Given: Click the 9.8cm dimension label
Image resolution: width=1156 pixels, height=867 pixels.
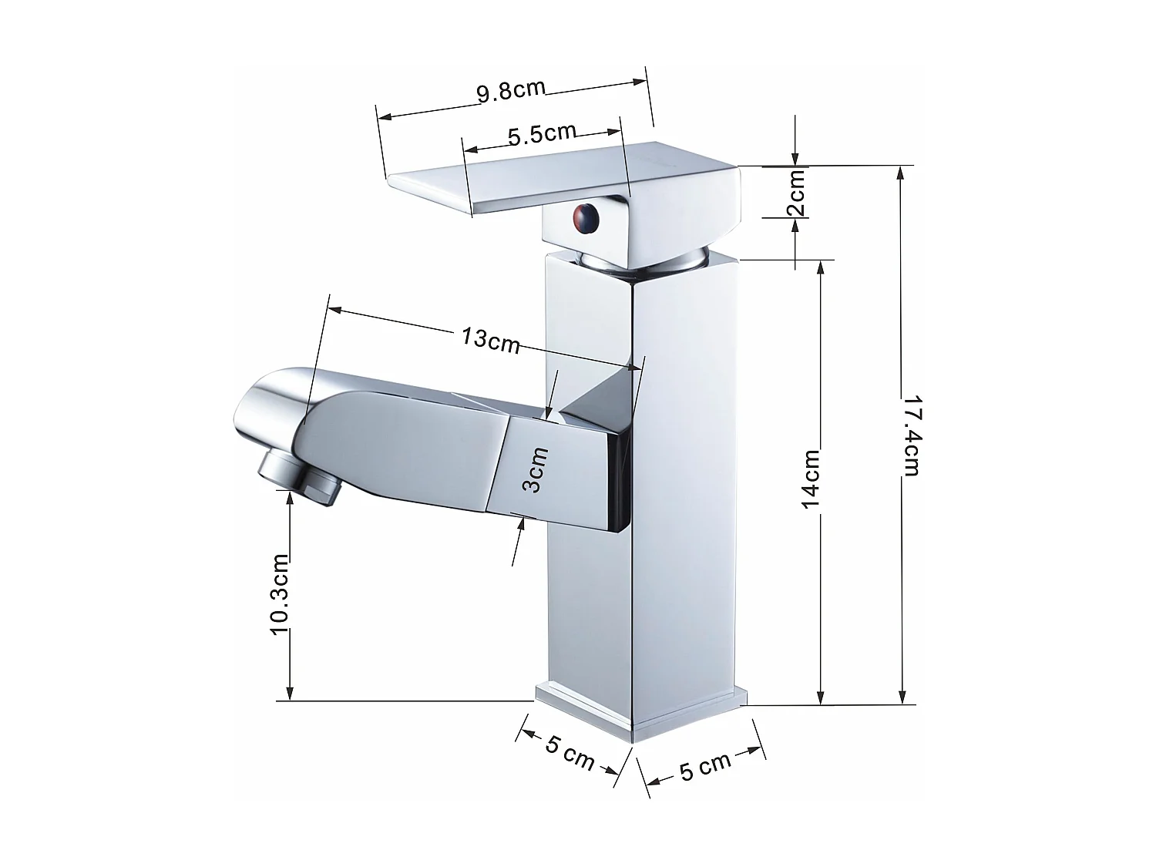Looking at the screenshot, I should [511, 91].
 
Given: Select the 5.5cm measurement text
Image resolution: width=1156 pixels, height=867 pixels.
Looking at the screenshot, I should [542, 134].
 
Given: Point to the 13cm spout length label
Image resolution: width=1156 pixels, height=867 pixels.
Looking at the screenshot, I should [491, 338].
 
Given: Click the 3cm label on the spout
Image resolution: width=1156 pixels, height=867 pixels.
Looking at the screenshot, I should [535, 470].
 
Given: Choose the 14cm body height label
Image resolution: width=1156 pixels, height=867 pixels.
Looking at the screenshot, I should [812, 479].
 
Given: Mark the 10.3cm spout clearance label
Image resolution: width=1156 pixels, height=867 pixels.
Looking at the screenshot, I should [280, 593].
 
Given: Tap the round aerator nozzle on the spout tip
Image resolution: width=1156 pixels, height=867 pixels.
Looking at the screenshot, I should [301, 478].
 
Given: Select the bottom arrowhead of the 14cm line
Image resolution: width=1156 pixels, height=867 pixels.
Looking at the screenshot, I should [822, 697].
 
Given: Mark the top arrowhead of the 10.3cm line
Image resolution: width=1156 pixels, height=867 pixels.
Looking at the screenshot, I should [290, 499].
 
